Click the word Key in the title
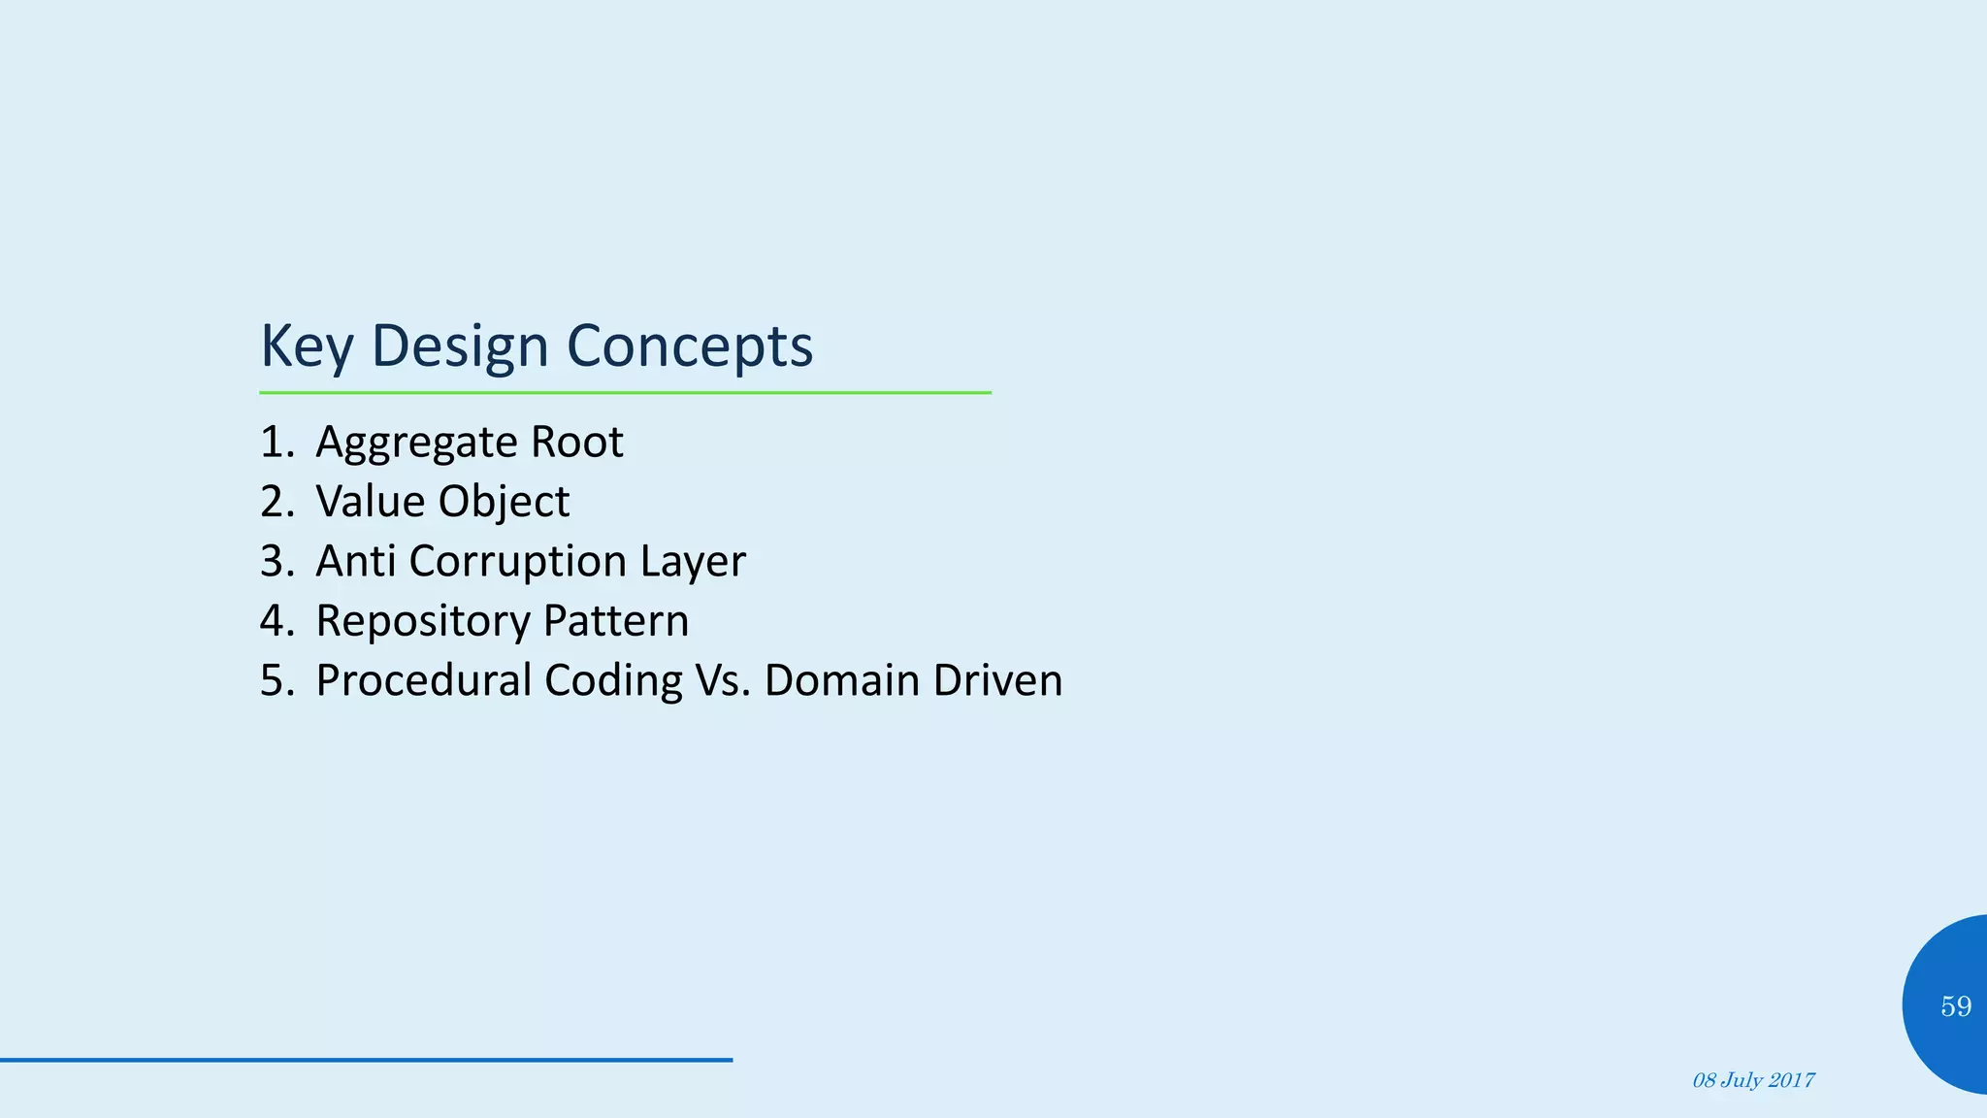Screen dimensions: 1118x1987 [x=306, y=346]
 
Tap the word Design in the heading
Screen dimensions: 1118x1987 [x=460, y=346]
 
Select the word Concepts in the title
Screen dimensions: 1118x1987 [x=689, y=346]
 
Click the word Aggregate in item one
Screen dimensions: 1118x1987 [x=415, y=443]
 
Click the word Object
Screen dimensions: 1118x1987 [x=504, y=502]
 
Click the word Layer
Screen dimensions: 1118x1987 [x=693, y=561]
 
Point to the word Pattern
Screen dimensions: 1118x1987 [x=616, y=621]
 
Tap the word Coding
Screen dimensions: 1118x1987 [x=613, y=680]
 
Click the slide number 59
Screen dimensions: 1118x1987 [x=1956, y=1006]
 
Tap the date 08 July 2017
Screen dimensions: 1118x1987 [x=1753, y=1080]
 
